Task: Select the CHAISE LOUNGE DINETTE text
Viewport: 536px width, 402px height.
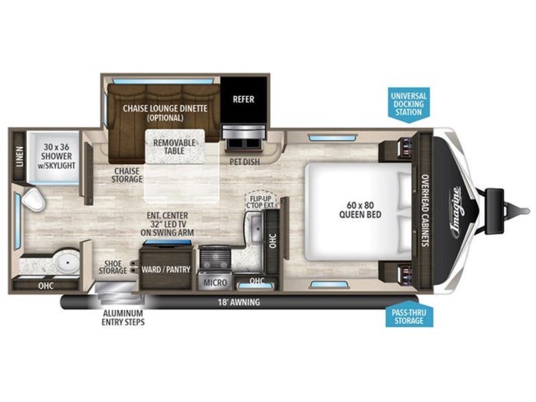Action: [164, 112]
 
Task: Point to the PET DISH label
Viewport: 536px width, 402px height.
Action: [245, 162]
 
